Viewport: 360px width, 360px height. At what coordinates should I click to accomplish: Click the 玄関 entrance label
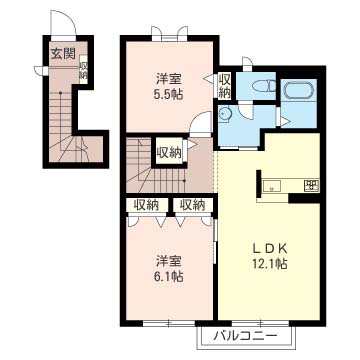63,53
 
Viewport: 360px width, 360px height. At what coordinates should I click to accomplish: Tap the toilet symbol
264,86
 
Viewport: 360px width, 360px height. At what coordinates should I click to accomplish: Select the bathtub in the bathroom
299,90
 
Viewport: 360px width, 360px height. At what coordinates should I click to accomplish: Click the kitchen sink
273,186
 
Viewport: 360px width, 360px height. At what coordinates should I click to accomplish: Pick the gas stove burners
312,185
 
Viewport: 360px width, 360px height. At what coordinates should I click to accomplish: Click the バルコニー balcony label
246,335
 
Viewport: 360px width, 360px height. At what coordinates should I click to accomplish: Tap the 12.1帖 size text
269,264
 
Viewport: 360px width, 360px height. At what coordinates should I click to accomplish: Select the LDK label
269,249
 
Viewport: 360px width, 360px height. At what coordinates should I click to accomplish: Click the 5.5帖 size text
169,95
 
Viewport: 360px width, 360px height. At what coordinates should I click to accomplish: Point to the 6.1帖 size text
169,277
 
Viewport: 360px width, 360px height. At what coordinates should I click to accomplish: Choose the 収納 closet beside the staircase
169,153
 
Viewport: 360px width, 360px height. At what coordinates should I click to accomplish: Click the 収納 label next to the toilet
224,85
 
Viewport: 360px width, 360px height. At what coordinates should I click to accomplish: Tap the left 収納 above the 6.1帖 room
146,205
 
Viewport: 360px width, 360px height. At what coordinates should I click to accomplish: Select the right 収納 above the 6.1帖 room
192,205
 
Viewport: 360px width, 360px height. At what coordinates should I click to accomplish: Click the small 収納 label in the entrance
83,71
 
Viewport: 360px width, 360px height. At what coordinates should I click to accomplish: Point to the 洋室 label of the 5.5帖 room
169,79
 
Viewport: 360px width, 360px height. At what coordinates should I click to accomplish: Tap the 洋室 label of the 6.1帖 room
169,261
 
